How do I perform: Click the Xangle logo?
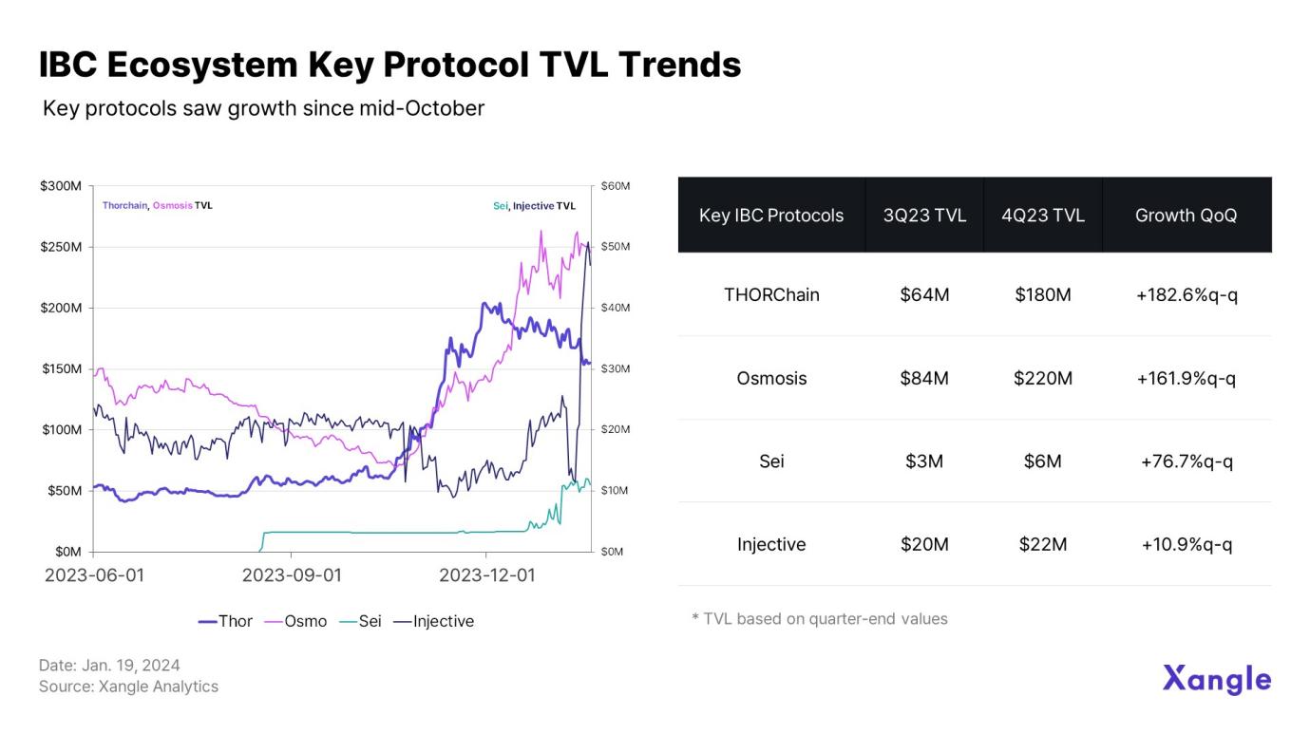coord(1216,680)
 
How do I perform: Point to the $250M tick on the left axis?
coord(61,247)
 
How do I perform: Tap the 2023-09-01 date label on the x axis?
coord(291,574)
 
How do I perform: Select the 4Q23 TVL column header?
coord(1042,216)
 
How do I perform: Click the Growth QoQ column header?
coord(1186,216)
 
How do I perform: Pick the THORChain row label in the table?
coord(771,294)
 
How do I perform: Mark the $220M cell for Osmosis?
coord(1042,378)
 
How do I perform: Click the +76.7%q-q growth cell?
coord(1186,461)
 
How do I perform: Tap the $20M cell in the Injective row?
coord(924,544)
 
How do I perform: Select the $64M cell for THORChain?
coord(924,294)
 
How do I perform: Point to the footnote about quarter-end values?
coord(819,619)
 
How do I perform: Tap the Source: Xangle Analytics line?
coord(128,687)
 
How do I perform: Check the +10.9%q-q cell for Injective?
coord(1186,544)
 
